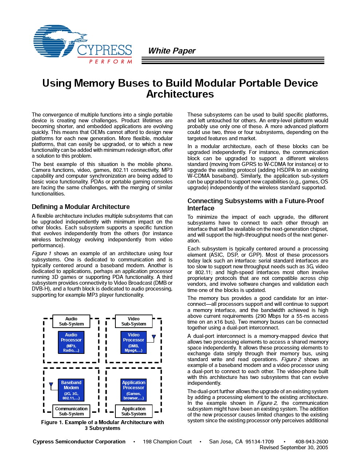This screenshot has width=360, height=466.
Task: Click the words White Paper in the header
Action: coord(171,51)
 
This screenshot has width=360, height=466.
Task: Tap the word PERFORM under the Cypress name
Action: coord(110,62)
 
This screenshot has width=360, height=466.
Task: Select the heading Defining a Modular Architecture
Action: coord(80,207)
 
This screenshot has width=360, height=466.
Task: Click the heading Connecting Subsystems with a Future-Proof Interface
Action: coord(255,204)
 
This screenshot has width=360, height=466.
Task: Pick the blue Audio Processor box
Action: coord(71,342)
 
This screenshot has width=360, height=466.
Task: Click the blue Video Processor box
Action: coord(133,342)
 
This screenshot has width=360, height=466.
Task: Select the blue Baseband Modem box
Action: coord(71,390)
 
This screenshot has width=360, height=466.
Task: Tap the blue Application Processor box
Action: coord(133,390)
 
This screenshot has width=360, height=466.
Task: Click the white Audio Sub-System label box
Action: coord(71,321)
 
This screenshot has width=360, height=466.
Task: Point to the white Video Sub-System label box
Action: coord(134,321)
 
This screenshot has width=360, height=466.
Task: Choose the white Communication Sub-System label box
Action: coord(71,411)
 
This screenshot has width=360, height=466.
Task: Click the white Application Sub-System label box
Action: coord(134,411)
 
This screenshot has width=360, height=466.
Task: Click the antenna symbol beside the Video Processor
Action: coord(154,337)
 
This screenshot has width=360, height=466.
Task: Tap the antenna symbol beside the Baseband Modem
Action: coord(51,385)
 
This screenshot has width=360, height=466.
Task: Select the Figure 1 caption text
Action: coord(102,425)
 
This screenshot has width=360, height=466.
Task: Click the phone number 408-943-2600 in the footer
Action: coord(311,442)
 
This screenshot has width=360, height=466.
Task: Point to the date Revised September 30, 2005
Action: coord(293,447)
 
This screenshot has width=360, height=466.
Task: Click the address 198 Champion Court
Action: coord(167,442)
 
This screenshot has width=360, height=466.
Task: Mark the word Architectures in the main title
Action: coord(180,94)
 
